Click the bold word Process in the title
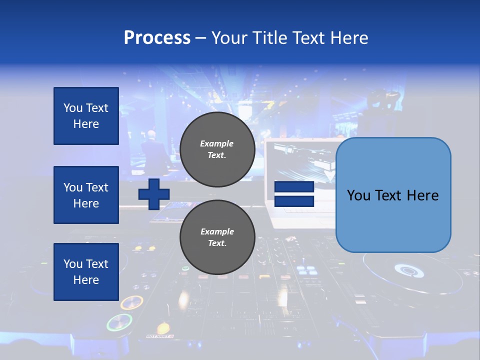[157, 38]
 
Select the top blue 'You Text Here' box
[86, 116]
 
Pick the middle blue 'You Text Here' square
[86, 195]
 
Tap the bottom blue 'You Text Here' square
[86, 272]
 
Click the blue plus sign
[154, 194]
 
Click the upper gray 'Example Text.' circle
[217, 149]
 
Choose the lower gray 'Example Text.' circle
[217, 237]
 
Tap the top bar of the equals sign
[294, 187]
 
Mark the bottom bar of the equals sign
[294, 201]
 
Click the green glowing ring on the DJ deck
[119, 322]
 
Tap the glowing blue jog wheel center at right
[408, 270]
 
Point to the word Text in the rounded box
[393, 195]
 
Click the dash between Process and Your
[201, 38]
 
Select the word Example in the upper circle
[216, 143]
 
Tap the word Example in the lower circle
[217, 231]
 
